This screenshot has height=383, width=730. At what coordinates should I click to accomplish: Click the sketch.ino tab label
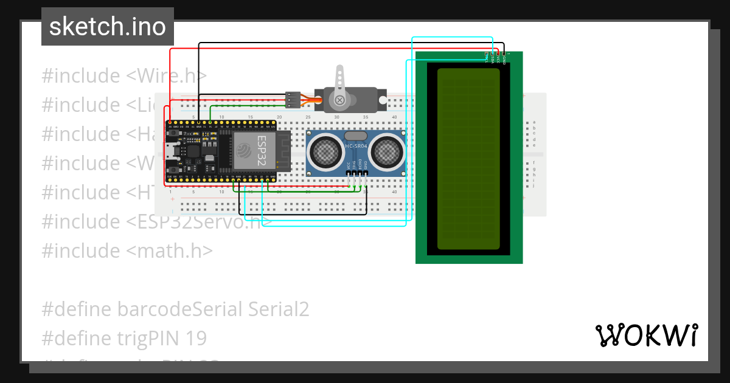click(107, 27)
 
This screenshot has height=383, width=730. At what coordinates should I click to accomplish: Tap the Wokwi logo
click(646, 335)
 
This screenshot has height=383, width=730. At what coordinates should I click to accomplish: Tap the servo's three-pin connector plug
click(293, 97)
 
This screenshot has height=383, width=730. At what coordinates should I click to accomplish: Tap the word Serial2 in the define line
click(279, 309)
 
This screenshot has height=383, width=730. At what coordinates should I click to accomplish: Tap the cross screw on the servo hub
click(339, 99)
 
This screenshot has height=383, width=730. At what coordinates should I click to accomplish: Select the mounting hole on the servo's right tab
click(382, 99)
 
